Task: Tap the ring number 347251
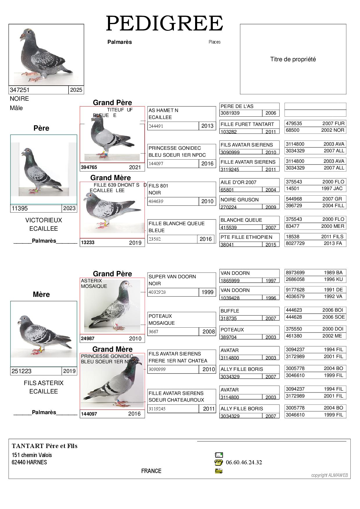pos(20,90)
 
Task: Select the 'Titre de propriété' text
pos(293,59)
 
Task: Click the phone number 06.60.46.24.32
pos(244,462)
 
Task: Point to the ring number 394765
pos(89,167)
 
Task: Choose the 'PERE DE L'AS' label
pos(237,106)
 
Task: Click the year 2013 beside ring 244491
pos(207,126)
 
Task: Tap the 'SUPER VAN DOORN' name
pos(172,277)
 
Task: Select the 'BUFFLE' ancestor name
pos(230,311)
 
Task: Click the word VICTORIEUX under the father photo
pos(44,220)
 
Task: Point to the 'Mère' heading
pos(41,294)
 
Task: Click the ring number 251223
pos(21,371)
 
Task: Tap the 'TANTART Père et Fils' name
pos(45,446)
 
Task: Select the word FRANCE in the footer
pos(151,471)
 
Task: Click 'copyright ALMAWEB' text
pos(329,475)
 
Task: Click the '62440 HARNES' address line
pos(29,462)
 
